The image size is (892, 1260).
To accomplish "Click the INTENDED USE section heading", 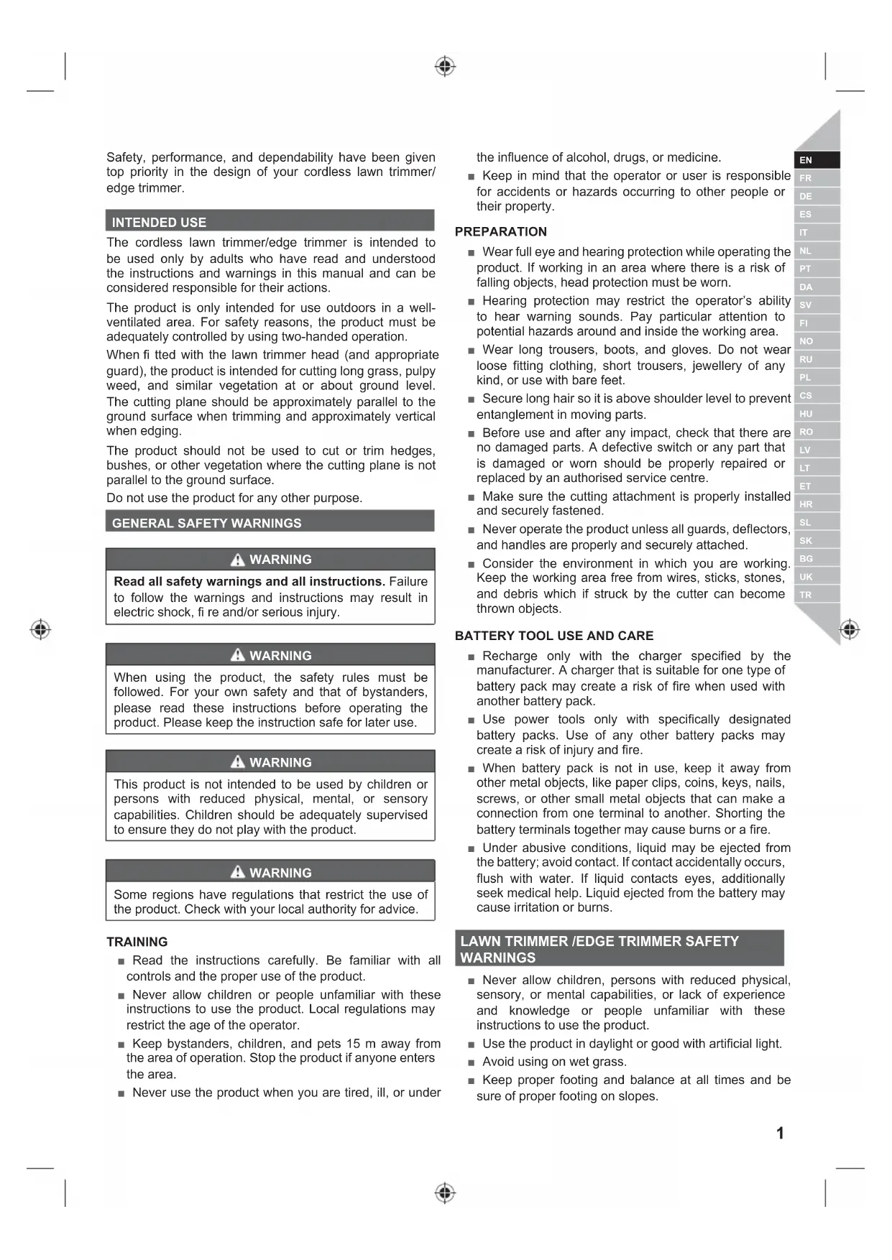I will [x=159, y=222].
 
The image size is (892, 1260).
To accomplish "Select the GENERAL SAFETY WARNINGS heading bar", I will [x=207, y=523].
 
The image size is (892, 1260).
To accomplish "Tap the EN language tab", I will [x=806, y=160].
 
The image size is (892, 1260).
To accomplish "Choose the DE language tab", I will [x=806, y=196].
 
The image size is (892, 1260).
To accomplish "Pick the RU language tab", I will [x=806, y=359].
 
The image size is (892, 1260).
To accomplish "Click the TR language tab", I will [x=806, y=595].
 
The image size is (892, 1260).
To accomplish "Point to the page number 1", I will [x=780, y=1133].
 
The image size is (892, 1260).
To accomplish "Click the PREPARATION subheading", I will [x=501, y=231].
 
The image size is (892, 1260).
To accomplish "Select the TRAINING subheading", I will [x=137, y=941].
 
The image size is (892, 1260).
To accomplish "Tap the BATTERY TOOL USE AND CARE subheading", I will [x=554, y=636].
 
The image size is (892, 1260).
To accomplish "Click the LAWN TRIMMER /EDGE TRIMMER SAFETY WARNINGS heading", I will [x=599, y=949].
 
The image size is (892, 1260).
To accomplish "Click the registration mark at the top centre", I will [x=445, y=67].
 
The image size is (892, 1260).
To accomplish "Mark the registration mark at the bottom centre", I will [x=445, y=1193].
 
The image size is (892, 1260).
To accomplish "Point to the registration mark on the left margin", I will [x=41, y=629].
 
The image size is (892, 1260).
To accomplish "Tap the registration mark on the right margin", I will [x=850, y=629].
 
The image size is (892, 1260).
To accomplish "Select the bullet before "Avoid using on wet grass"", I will [x=472, y=1062].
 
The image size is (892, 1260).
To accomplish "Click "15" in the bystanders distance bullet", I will [x=353, y=1043].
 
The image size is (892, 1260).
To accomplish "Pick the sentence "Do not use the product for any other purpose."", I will [x=234, y=498].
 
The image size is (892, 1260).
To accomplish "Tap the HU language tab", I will [x=806, y=414].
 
